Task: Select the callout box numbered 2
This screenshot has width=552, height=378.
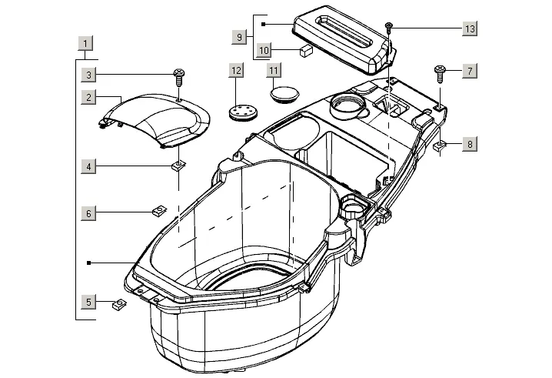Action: pos(90,97)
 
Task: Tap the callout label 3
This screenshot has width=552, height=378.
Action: pos(90,75)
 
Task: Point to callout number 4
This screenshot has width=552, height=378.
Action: pos(90,166)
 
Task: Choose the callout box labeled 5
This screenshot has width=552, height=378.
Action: pos(90,302)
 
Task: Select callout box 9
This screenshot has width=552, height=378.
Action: pos(240,36)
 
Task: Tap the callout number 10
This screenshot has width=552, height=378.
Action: pos(263,50)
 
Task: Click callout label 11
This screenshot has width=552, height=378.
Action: pos(273,71)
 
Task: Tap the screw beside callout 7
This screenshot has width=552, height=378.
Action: pos(441,73)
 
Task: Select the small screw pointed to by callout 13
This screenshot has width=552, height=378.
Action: pos(390,27)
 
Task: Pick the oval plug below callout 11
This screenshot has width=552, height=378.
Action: pos(284,94)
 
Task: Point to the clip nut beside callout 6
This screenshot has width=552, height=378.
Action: pos(158,210)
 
